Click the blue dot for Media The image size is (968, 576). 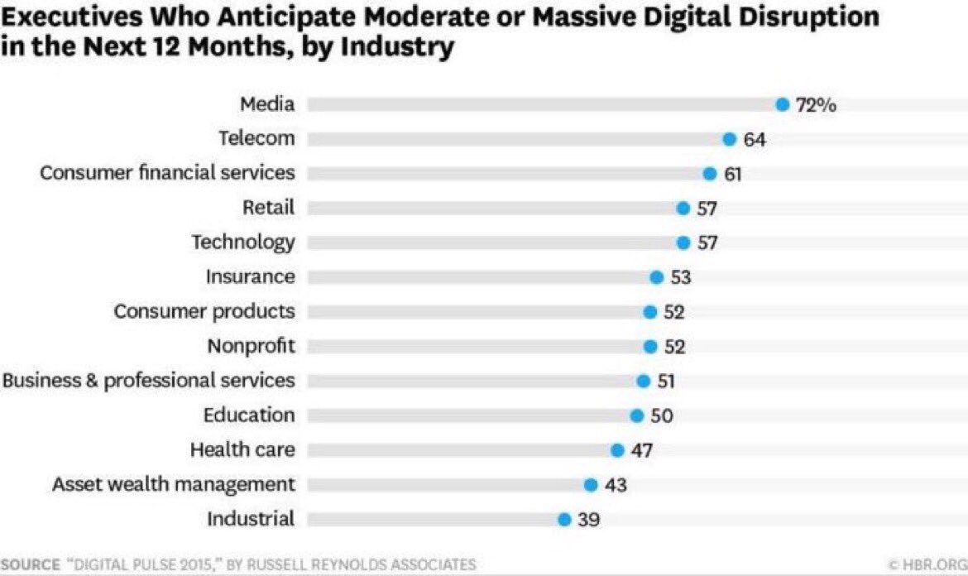click(x=782, y=104)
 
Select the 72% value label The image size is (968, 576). click(x=816, y=105)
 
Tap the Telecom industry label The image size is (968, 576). click(x=256, y=138)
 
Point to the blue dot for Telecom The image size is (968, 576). click(x=729, y=139)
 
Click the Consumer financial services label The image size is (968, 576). click(x=167, y=173)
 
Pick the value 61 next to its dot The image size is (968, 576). click(x=733, y=174)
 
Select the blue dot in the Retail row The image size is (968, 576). click(x=683, y=209)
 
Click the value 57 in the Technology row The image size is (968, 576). click(x=707, y=243)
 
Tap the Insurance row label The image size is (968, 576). click(x=250, y=276)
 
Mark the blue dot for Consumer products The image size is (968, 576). click(x=649, y=312)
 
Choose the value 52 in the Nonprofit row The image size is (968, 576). click(x=674, y=347)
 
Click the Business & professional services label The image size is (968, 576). click(x=148, y=381)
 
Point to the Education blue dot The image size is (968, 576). click(x=636, y=415)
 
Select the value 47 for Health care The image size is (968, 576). click(x=642, y=451)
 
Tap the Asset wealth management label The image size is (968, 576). click(x=173, y=484)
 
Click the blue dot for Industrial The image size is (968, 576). click(x=564, y=520)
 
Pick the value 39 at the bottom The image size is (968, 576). click(x=588, y=520)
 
